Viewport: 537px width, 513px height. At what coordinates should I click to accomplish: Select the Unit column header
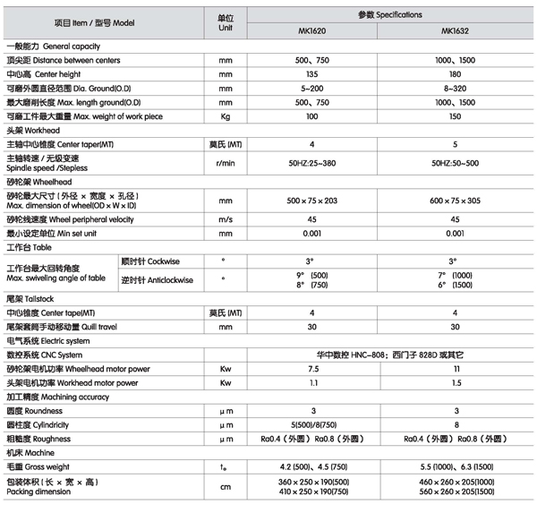tap(226, 23)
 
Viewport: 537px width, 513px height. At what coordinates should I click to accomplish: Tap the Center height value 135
tap(312, 74)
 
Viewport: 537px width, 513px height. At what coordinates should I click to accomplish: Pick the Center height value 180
tap(456, 74)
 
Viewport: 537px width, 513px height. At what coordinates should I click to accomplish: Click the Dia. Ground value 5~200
tap(312, 89)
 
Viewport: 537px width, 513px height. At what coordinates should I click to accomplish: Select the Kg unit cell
tap(226, 116)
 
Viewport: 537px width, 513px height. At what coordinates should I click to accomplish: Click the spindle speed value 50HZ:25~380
tap(312, 163)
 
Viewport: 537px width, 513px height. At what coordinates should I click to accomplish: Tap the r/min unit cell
tap(226, 163)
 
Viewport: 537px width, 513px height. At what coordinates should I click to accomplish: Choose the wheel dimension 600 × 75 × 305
tap(456, 201)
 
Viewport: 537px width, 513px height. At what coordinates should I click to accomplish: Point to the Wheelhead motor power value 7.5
tap(312, 368)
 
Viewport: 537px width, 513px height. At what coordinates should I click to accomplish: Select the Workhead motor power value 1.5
tap(456, 382)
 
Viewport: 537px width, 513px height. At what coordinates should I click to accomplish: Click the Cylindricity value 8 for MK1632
tap(456, 425)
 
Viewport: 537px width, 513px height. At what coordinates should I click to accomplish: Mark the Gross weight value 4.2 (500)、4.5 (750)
tap(312, 467)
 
